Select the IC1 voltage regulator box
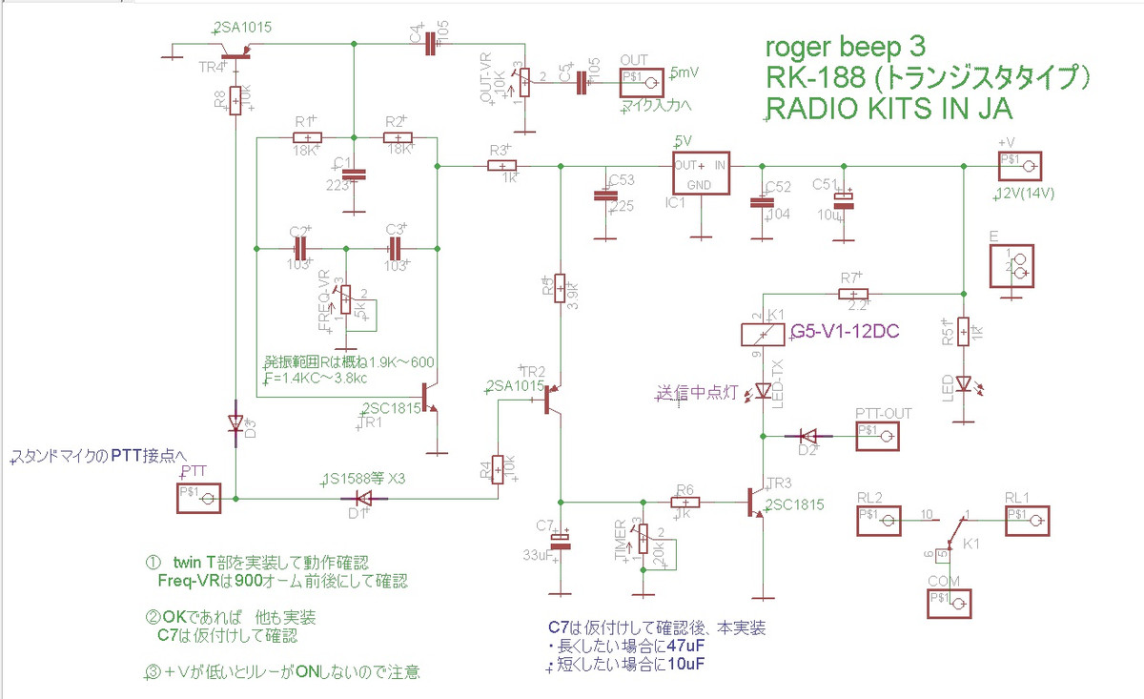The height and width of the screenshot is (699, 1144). tap(701, 175)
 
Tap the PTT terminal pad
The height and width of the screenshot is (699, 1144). tap(201, 498)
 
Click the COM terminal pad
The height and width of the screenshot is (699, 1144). tap(950, 603)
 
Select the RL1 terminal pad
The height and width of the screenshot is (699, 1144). tap(1028, 518)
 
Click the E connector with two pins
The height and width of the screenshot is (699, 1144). tap(1017, 266)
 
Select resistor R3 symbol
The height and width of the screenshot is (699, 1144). tap(502, 166)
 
